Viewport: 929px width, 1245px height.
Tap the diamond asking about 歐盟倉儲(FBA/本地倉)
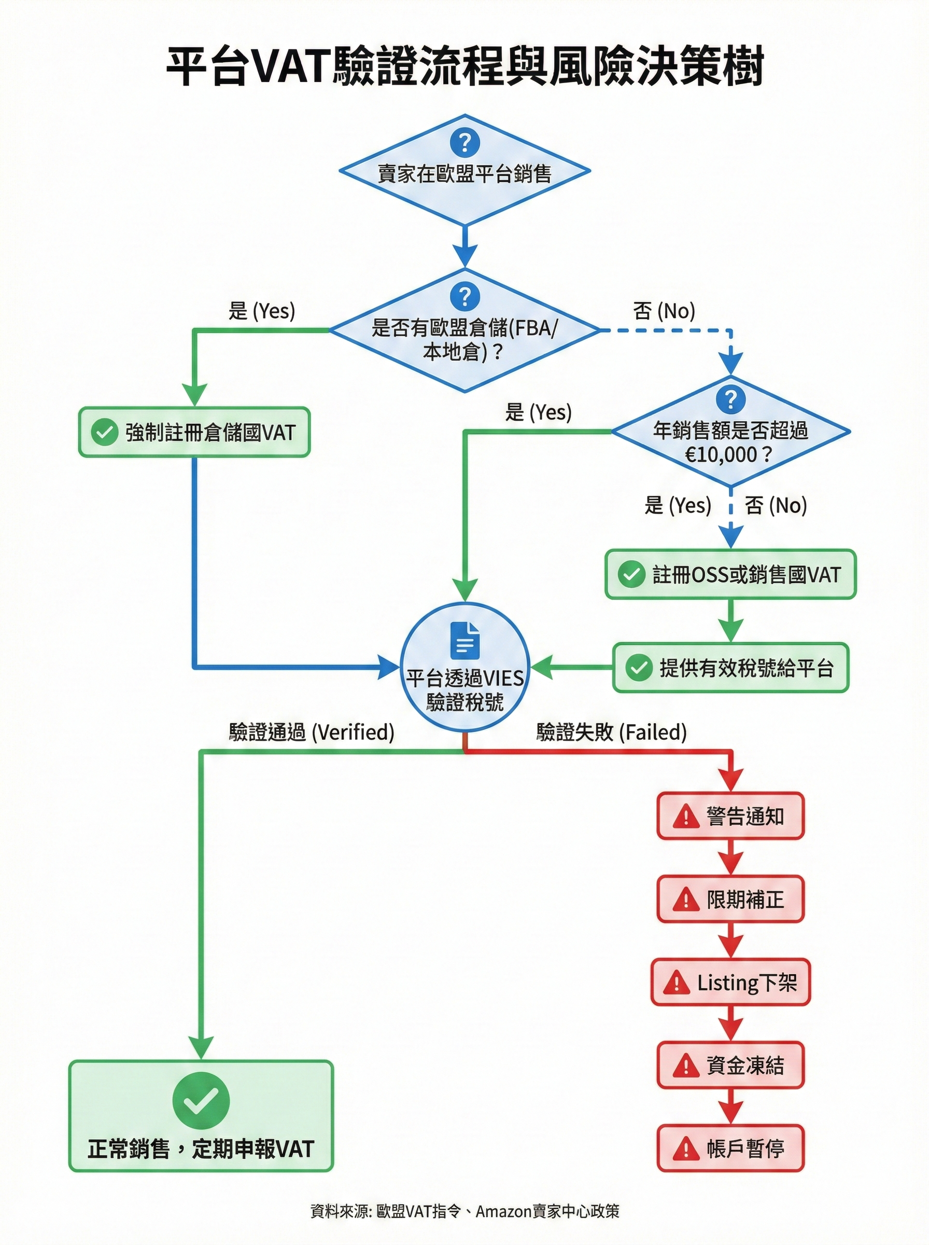464,331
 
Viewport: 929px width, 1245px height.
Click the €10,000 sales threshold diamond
730,432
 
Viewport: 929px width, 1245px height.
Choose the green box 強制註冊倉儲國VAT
194,432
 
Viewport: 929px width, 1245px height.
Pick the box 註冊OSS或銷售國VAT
730,574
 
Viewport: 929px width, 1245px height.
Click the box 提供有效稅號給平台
730,668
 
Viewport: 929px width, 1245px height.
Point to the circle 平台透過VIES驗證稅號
464,668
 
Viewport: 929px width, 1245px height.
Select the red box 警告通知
730,817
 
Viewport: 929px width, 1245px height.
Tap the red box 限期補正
730,899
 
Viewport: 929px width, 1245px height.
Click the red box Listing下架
730,983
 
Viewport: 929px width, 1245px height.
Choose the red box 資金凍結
730,1065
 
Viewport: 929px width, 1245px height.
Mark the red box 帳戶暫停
730,1148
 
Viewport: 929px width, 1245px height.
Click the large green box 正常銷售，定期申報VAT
201,1116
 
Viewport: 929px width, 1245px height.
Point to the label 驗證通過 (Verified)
312,732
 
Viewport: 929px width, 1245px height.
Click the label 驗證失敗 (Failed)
612,732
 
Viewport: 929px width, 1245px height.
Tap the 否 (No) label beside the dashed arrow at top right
664,311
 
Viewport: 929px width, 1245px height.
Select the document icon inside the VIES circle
464,640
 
